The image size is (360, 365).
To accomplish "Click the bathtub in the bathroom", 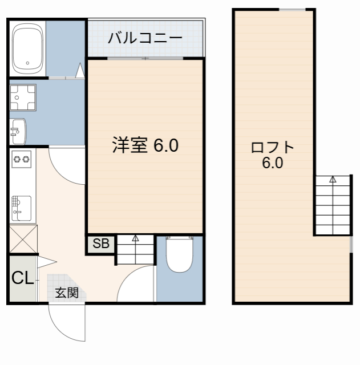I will click(x=27, y=48).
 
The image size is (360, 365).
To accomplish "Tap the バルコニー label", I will click(x=145, y=38).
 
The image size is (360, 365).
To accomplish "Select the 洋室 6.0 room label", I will click(x=145, y=145).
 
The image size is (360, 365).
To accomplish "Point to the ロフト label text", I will click(x=273, y=148).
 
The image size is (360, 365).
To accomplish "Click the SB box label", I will click(x=101, y=244).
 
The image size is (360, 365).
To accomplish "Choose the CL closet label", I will click(x=22, y=278).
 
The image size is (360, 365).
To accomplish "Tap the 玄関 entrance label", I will click(x=66, y=293).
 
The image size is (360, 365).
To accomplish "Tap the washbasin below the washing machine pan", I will click(x=18, y=132).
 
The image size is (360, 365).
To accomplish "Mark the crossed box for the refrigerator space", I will click(x=23, y=239).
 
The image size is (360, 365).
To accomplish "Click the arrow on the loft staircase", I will click(x=333, y=181).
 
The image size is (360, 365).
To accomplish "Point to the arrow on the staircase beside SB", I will click(x=136, y=238).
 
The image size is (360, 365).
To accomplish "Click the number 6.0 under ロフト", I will click(x=273, y=163).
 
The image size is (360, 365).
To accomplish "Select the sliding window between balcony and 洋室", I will click(x=145, y=58).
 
